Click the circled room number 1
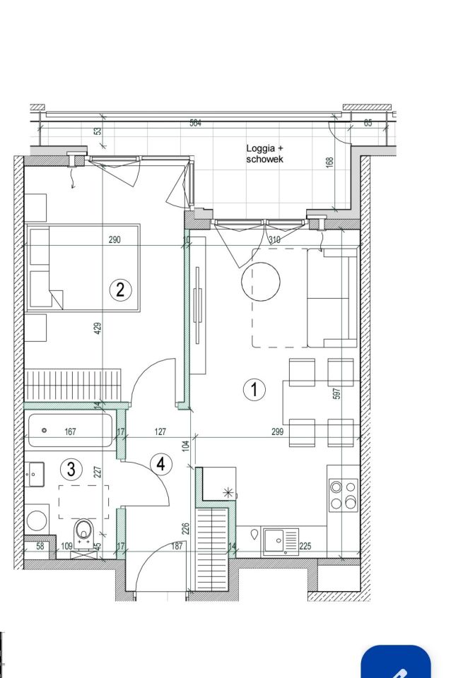[x=254, y=389]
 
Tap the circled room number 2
[x=120, y=289]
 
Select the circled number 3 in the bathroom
[x=71, y=469]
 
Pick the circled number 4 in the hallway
[x=161, y=465]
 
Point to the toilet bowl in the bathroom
[x=84, y=533]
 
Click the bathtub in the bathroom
[x=71, y=430]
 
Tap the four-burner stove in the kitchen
[x=344, y=495]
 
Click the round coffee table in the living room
[x=261, y=281]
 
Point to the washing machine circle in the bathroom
[x=37, y=521]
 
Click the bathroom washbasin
[x=34, y=475]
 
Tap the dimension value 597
[x=337, y=393]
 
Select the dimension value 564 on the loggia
[x=196, y=123]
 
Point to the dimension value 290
[x=115, y=239]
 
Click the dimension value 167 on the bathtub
[x=70, y=432]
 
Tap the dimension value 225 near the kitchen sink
[x=305, y=546]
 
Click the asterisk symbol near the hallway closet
[x=228, y=492]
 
